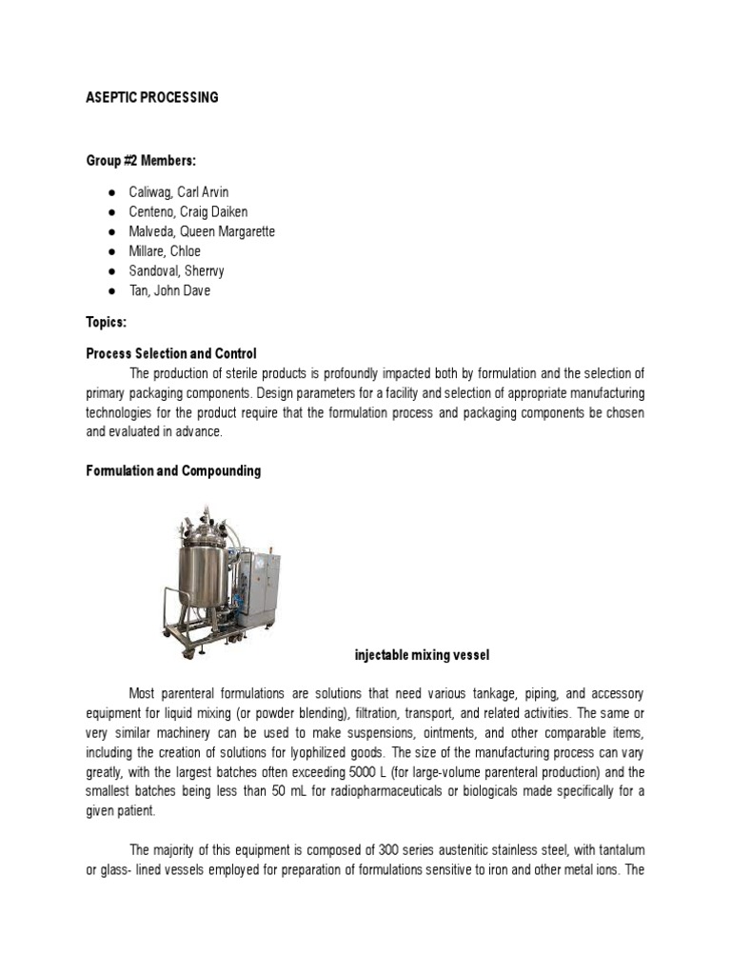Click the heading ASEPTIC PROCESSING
point(152,97)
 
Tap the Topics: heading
point(106,323)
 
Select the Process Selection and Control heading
point(171,353)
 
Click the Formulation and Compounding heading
point(173,471)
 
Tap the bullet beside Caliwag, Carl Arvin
point(111,192)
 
